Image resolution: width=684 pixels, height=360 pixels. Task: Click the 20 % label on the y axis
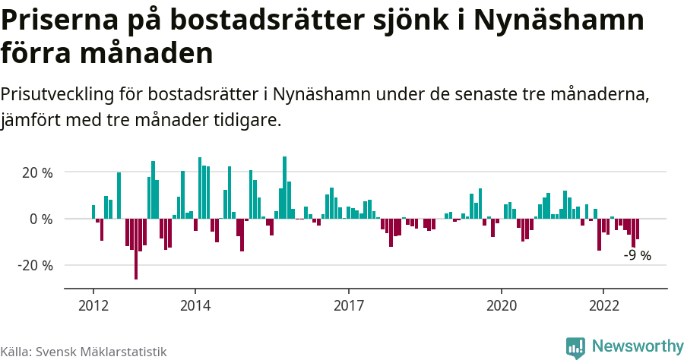[x=37, y=172]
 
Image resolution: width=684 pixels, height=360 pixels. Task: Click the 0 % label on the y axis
[x=42, y=219]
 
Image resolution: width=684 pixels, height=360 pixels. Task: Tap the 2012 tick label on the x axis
[x=93, y=305]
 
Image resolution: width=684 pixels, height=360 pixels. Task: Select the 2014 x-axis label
[x=195, y=305]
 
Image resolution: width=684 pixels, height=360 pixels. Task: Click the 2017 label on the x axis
[x=348, y=305]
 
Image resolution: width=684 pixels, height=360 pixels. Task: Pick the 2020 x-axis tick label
[x=501, y=305]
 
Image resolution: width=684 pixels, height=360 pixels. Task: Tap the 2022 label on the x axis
[x=603, y=305]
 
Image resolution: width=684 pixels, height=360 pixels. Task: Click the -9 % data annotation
[x=637, y=256]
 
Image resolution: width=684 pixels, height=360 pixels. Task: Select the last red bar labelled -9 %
[x=637, y=229]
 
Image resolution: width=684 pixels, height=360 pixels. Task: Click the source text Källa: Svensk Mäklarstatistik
[x=83, y=352]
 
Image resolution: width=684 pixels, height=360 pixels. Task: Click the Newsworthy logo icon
[x=575, y=347]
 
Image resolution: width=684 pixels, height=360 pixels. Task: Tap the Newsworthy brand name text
[x=637, y=346]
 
